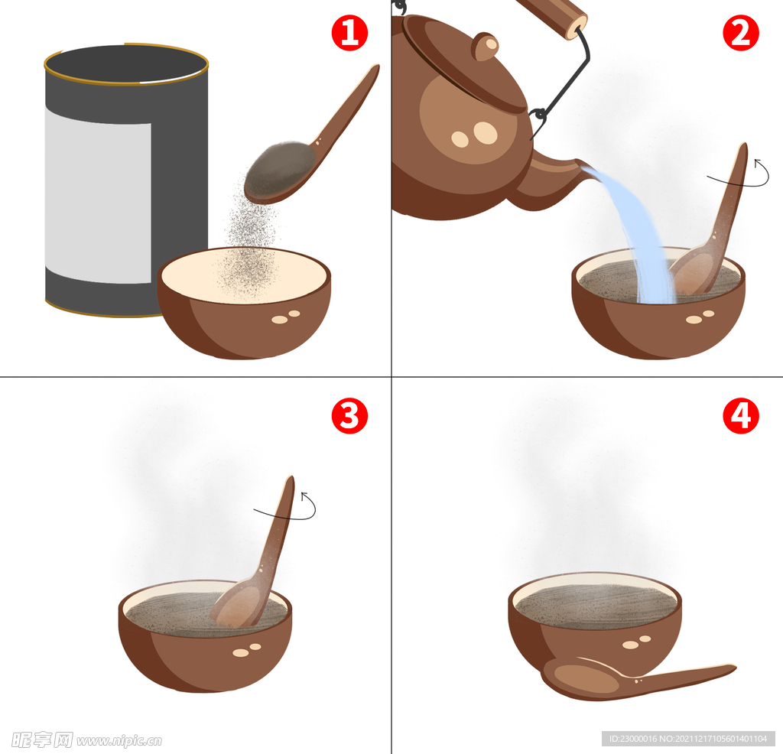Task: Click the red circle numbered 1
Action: coord(349,33)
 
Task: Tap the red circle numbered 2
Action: coord(741,33)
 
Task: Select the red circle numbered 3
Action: coord(349,415)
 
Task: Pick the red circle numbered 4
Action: coord(741,415)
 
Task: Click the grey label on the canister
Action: coord(98,196)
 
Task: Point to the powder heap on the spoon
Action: coord(281,171)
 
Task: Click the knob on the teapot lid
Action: coord(486,47)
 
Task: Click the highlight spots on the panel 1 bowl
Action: coord(286,317)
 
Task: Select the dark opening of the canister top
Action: coord(126,64)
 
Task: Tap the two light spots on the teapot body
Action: coord(474,134)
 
